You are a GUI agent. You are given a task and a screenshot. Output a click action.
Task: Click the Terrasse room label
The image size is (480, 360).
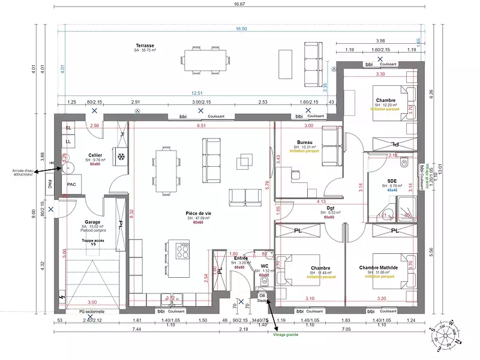(145, 46)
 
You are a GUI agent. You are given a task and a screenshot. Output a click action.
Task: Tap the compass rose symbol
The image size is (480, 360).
(445, 337)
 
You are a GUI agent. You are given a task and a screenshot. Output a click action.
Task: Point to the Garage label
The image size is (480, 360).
(92, 221)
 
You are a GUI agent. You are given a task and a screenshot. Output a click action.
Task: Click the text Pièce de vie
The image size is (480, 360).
(198, 214)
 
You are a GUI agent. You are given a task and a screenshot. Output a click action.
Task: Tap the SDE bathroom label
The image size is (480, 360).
(392, 181)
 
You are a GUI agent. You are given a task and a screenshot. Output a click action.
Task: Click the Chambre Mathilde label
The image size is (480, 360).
(379, 268)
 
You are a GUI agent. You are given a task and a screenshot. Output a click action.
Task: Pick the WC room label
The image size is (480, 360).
(264, 265)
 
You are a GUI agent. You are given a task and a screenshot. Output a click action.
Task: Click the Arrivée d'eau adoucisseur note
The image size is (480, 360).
(17, 173)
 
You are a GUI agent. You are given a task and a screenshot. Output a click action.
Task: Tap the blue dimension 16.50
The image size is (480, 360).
(241, 29)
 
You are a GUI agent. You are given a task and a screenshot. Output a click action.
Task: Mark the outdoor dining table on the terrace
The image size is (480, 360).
(204, 60)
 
